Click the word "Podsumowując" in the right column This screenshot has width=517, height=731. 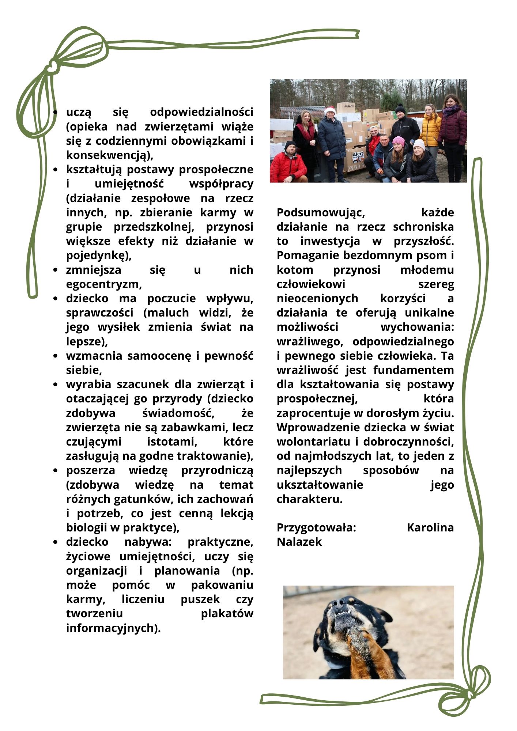coord(320,213)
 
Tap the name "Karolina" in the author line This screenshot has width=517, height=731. coord(430,528)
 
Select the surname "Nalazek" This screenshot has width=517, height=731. coord(299,542)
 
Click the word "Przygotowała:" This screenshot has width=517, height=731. coord(316,528)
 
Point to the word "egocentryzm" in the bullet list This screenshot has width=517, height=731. coord(103,284)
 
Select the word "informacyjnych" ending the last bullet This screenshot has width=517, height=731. coord(113,628)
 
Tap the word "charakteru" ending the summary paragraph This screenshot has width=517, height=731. coord(309,499)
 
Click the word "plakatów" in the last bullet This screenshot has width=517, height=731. coord(227,614)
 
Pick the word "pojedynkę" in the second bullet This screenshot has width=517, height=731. coord(98,255)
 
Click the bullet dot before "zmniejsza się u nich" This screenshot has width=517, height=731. coord(55,270)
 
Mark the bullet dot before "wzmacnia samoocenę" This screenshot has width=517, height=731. coord(55,356)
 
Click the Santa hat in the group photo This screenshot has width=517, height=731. coord(330,110)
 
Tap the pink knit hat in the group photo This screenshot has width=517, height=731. coord(398,140)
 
